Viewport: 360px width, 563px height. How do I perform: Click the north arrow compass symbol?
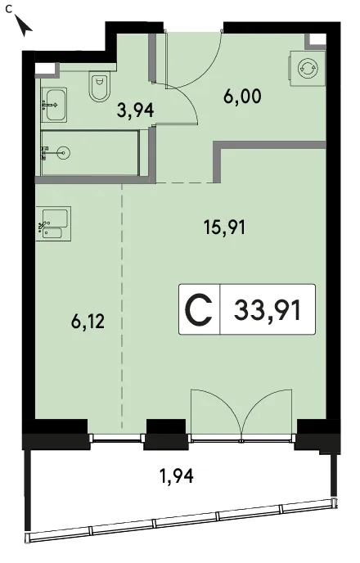click(25, 26)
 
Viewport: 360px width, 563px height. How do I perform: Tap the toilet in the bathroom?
click(99, 87)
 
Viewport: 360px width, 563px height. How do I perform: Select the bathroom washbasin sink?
click(54, 105)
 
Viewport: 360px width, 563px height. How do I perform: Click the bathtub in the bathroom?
click(90, 153)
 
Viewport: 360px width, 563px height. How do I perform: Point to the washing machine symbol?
click(308, 68)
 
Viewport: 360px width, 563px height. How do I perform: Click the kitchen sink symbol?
click(53, 223)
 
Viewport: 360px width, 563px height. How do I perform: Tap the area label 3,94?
click(135, 110)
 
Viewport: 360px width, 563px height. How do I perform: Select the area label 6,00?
click(242, 97)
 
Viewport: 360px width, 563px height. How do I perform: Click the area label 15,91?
click(225, 227)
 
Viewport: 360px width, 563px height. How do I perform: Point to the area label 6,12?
click(88, 321)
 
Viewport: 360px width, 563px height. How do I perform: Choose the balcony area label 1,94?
click(176, 475)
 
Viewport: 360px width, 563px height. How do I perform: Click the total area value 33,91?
click(268, 310)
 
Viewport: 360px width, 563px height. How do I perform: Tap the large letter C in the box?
click(199, 309)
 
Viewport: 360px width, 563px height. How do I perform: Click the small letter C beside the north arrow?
click(9, 10)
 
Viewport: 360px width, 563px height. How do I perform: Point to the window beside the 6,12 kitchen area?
click(117, 437)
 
